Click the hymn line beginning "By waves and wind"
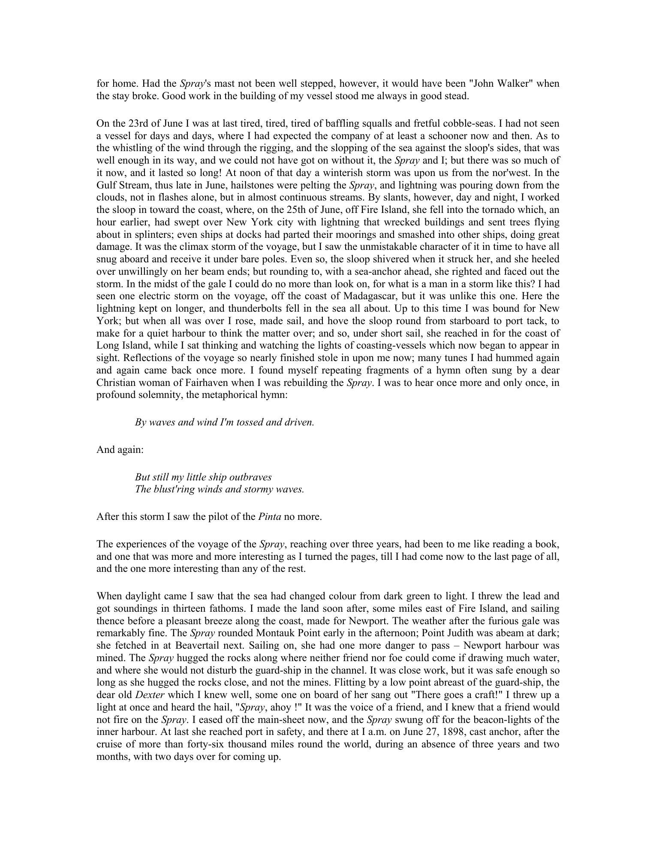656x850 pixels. coord(224,422)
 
